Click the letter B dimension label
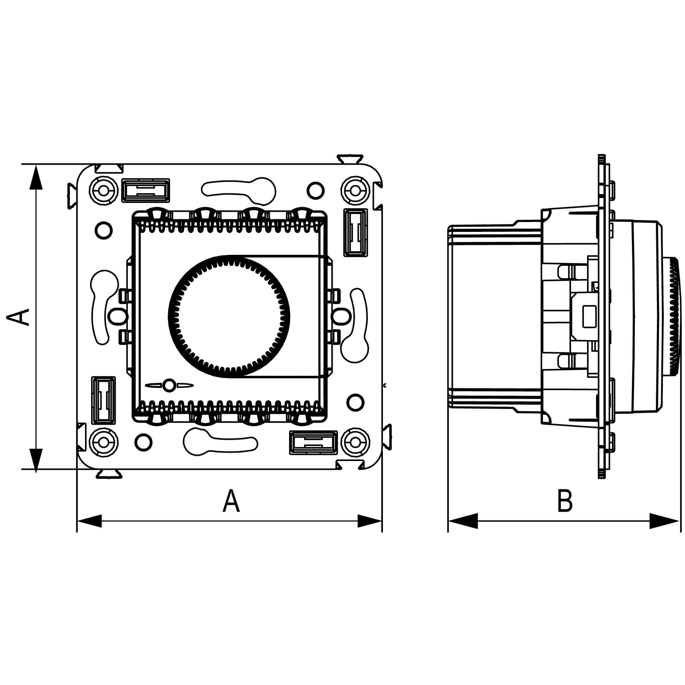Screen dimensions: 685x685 [x=565, y=501]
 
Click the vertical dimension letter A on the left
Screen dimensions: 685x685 [x=19, y=316]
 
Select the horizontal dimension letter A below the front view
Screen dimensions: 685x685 [x=231, y=501]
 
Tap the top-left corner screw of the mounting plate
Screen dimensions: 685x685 [x=103, y=191]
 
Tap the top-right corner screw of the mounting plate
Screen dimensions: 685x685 [x=355, y=191]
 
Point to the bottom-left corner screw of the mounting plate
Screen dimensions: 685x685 [x=103, y=442]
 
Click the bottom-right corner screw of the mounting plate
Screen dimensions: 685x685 [x=355, y=442]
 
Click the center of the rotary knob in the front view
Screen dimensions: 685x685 [x=229, y=316]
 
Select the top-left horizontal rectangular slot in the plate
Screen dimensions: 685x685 [x=145, y=190]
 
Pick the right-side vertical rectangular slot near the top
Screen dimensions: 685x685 [x=355, y=233]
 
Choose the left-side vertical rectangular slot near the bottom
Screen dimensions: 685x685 [x=103, y=400]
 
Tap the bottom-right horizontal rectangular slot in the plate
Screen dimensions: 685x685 [x=313, y=443]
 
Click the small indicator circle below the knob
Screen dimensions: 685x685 [x=170, y=385]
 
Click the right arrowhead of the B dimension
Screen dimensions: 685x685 [x=664, y=521]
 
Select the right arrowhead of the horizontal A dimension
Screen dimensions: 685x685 [x=370, y=521]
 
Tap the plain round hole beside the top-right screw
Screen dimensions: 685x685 [x=315, y=191]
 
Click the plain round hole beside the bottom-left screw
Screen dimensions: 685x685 [x=143, y=442]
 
